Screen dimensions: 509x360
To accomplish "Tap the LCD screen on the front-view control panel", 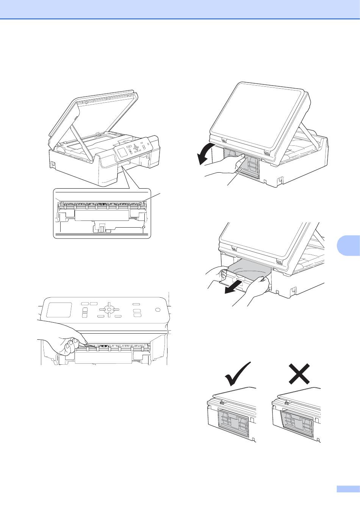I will [x=59, y=310].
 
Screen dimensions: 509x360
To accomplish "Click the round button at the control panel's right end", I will [x=158, y=310].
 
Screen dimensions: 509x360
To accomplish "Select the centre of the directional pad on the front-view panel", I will [x=109, y=309].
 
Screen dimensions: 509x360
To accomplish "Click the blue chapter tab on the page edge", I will [x=348, y=248].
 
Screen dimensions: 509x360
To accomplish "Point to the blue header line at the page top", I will [x=180, y=19].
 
